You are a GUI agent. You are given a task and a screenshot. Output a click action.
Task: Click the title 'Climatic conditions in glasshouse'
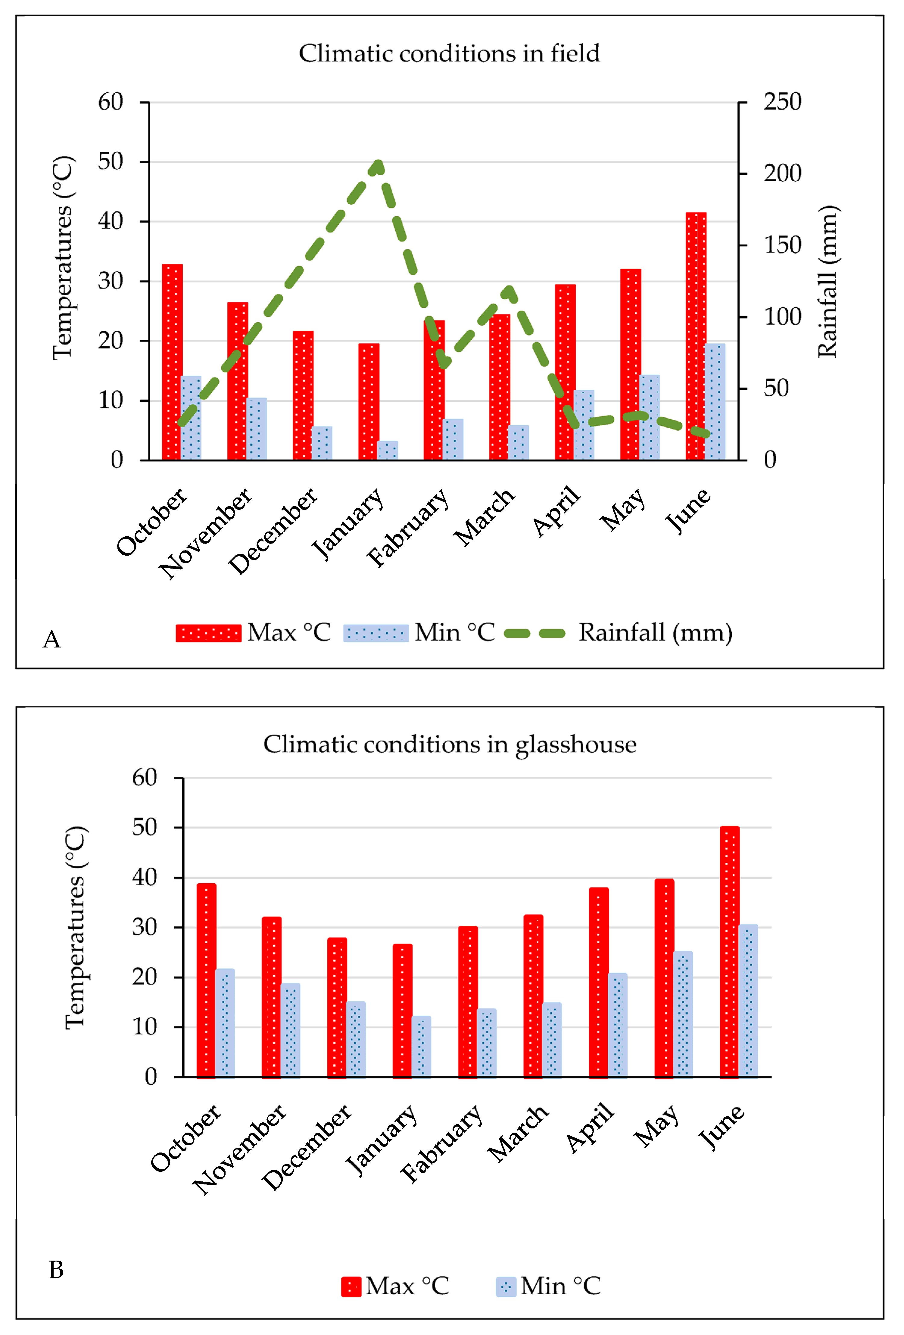click(450, 744)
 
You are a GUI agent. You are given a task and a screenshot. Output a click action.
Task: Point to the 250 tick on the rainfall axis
click(782, 102)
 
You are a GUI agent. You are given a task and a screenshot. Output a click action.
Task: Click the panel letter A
click(52, 639)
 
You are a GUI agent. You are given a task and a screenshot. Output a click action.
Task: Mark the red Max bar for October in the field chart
click(172, 362)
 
